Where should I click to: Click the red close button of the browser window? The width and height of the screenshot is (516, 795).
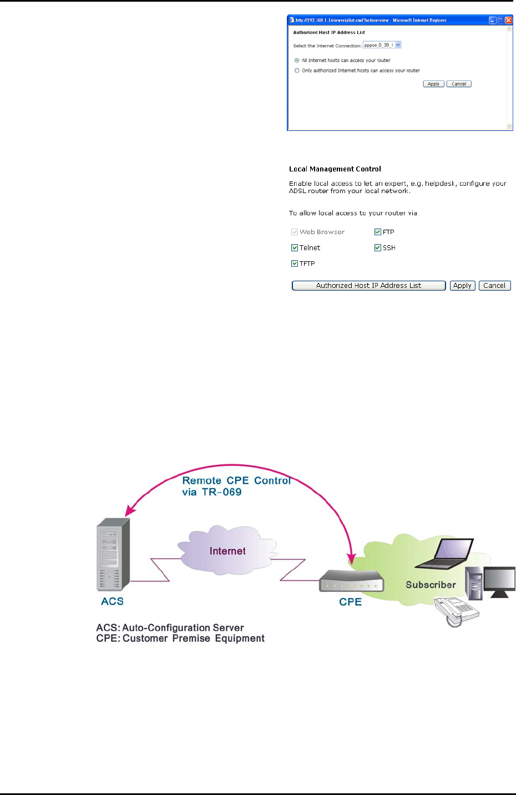[508, 20]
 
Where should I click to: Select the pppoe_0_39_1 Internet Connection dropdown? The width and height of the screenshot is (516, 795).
[382, 45]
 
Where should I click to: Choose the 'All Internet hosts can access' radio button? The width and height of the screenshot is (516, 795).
[297, 60]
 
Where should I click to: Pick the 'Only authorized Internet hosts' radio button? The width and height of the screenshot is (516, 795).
[297, 70]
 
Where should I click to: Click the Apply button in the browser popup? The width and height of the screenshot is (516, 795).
[433, 84]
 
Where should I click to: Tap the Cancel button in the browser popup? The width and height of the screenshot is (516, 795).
[459, 84]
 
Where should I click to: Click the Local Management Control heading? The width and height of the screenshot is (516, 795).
[335, 169]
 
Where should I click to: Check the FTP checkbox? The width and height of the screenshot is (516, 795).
[378, 232]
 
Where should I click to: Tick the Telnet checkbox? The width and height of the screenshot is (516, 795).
[295, 248]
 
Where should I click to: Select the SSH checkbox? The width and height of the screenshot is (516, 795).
[378, 248]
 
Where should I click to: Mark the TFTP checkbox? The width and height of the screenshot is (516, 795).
[295, 264]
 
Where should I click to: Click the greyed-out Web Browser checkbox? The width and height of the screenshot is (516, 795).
[295, 232]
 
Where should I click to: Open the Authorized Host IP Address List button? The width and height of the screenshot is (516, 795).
[368, 286]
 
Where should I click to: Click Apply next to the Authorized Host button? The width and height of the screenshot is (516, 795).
[462, 286]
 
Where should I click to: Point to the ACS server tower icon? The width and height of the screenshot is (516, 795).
[113, 555]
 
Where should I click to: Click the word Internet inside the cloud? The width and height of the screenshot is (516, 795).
[227, 551]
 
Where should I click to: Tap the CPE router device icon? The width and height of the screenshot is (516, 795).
[351, 582]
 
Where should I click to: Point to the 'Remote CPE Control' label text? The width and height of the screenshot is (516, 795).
[236, 481]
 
